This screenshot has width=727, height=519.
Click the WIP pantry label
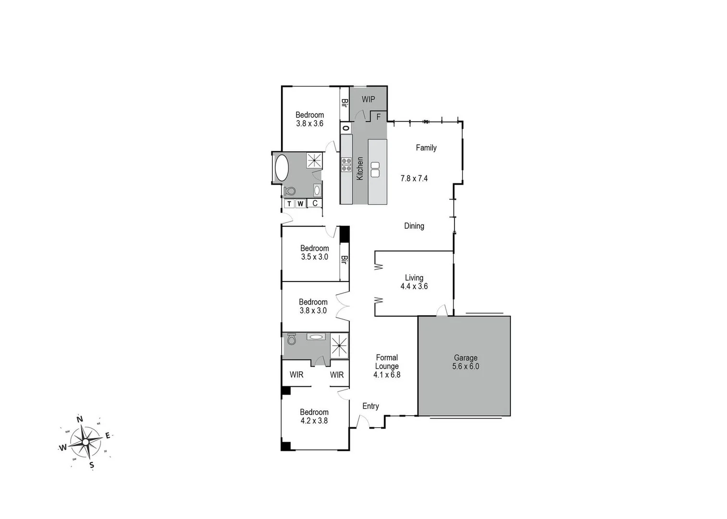[368, 99]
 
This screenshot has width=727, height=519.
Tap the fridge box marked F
[379, 117]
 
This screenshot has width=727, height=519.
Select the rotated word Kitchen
[360, 169]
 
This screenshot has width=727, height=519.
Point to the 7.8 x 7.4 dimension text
[414, 178]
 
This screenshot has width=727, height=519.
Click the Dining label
[414, 226]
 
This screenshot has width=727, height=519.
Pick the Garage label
[466, 358]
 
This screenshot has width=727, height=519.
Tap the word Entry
[370, 406]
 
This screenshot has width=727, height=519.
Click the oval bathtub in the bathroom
[282, 168]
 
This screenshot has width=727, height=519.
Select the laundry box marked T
[289, 204]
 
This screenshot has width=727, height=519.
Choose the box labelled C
[315, 203]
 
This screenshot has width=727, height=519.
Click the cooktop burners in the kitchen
[346, 164]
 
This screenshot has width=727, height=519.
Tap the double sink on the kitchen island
[375, 169]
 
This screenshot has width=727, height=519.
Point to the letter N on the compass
[80, 419]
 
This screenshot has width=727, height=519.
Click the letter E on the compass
[108, 435]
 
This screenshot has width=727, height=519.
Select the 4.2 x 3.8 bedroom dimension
[314, 420]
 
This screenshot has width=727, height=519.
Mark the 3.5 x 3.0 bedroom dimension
[314, 257]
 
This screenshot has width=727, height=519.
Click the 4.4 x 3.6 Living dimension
[414, 286]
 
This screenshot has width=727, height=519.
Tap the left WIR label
[296, 375]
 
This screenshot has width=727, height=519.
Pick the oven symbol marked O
[345, 128]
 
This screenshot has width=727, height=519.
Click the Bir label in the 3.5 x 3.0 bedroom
[344, 259]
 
